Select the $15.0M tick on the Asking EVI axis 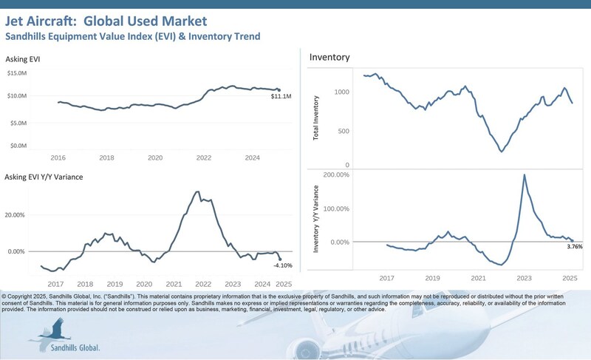[17, 72]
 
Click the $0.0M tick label [18, 146]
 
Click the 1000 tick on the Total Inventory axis [341, 92]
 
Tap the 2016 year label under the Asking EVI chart [58, 158]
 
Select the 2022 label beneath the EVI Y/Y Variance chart [203, 284]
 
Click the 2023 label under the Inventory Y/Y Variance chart [524, 278]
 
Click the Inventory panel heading [329, 57]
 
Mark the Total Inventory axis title [317, 118]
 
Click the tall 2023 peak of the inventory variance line [524, 175]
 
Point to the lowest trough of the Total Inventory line [502, 152]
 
